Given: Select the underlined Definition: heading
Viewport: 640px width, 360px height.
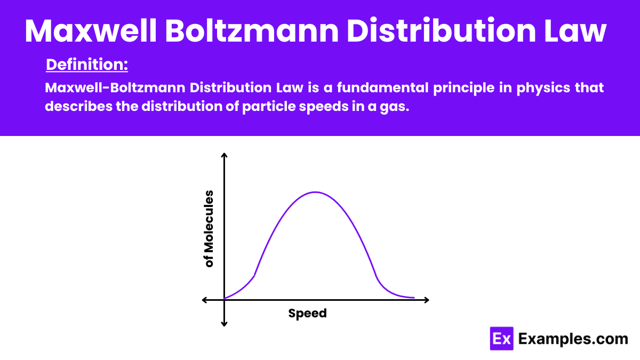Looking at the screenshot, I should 87,65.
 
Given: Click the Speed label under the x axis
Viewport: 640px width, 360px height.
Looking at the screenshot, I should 307,314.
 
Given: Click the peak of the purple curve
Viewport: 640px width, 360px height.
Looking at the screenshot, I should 315,192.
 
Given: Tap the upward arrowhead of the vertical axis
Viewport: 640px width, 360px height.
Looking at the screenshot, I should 225,155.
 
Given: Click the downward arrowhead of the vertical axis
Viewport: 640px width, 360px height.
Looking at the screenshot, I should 225,324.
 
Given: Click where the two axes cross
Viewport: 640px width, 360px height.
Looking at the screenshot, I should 225,300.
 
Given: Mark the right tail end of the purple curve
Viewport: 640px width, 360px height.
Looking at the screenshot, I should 413,298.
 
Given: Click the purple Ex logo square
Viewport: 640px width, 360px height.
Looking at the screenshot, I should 501,339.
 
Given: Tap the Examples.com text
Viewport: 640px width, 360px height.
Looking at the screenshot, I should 573,339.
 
